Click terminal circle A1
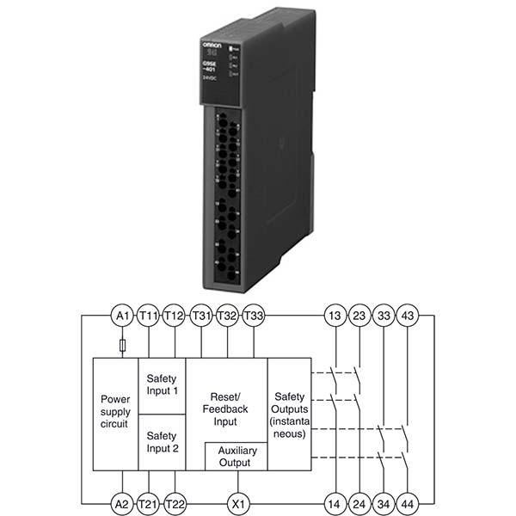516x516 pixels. [x=122, y=316]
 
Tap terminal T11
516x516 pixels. [x=149, y=316]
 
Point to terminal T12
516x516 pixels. [x=175, y=316]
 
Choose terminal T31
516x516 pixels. [x=201, y=316]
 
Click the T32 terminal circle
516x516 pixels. [x=228, y=316]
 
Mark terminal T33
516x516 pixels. [x=255, y=316]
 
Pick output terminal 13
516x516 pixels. [x=335, y=316]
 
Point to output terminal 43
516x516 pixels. [x=408, y=316]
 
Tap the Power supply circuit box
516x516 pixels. [x=115, y=412]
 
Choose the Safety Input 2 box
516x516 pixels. [x=162, y=441]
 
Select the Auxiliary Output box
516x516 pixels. [x=234, y=456]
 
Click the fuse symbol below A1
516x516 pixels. [x=122, y=346]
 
